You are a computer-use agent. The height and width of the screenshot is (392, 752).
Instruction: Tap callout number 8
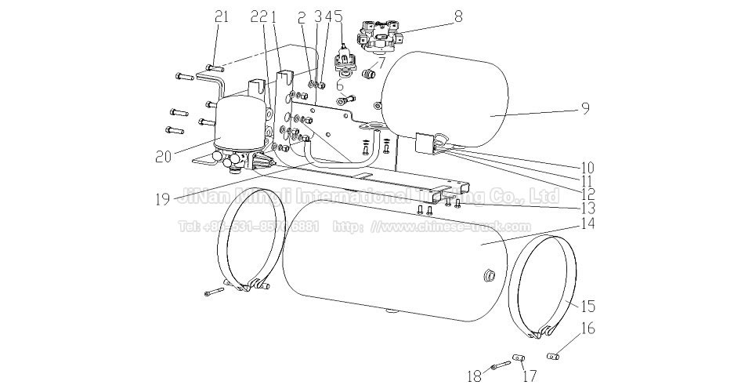click(x=458, y=15)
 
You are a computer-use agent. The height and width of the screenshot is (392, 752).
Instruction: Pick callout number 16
click(x=587, y=328)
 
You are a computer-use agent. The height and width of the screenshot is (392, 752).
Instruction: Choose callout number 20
click(x=164, y=156)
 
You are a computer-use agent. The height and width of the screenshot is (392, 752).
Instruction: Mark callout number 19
click(x=164, y=199)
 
